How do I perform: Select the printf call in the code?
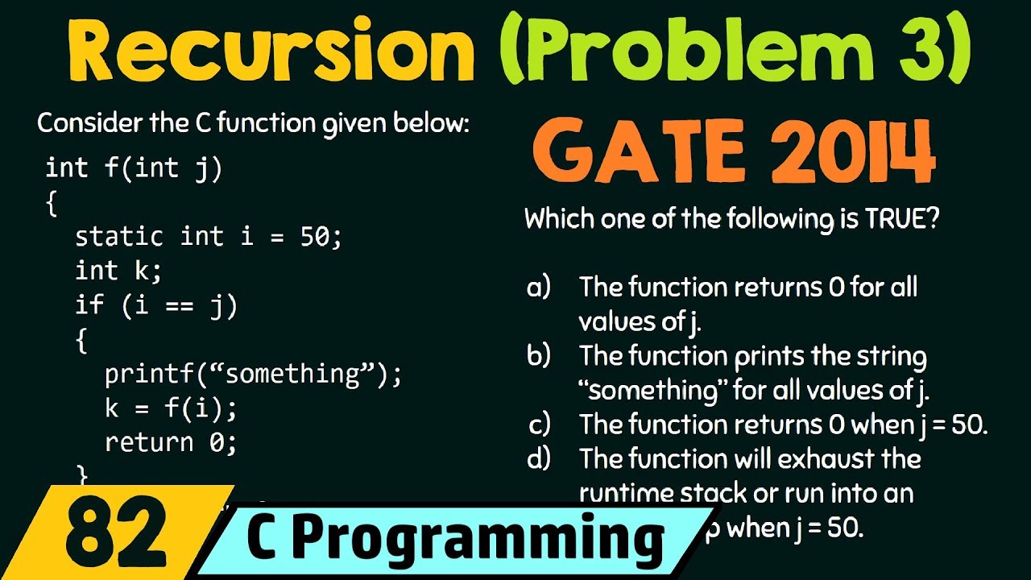252,374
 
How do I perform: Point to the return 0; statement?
171,442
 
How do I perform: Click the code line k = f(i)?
171,408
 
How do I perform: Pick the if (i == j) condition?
156,305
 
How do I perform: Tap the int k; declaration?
118,271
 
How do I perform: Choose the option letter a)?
538,287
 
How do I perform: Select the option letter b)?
538,356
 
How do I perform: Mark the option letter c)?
538,425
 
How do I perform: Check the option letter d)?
538,459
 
